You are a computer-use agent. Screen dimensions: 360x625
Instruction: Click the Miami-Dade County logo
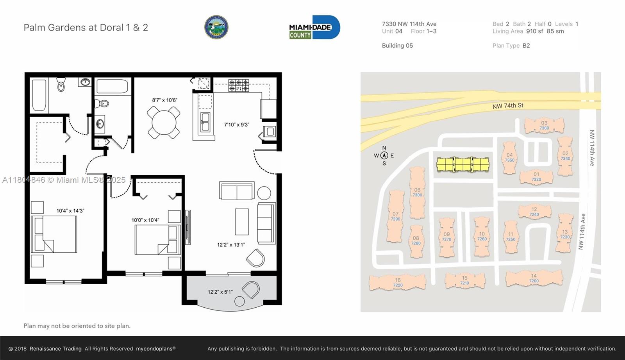(314, 27)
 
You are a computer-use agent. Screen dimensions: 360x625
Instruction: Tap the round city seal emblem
(216, 27)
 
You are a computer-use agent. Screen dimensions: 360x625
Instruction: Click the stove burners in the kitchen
(239, 86)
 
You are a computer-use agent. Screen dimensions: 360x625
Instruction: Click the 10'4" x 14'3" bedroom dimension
(70, 211)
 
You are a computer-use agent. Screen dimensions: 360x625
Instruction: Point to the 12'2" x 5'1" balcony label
(220, 292)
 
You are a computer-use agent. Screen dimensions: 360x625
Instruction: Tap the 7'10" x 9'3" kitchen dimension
(236, 125)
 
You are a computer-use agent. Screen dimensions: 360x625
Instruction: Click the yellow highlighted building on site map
(463, 164)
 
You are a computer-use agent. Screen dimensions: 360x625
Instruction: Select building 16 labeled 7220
(398, 282)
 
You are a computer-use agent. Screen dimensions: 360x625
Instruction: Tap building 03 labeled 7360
(544, 125)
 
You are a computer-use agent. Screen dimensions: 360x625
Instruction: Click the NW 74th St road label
(507, 106)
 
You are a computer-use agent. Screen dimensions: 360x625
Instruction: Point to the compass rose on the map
(384, 155)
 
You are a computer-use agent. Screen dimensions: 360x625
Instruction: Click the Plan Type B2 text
(511, 46)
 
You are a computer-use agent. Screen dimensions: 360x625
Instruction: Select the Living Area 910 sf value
(534, 31)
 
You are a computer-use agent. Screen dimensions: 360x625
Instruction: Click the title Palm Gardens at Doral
(86, 28)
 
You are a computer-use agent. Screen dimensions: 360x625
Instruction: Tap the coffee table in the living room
(242, 222)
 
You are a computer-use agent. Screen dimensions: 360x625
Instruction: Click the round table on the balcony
(239, 301)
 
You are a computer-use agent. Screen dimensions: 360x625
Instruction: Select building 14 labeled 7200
(534, 278)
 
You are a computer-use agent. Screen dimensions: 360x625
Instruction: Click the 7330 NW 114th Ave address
(409, 24)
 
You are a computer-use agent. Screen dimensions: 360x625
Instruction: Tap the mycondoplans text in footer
(155, 349)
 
